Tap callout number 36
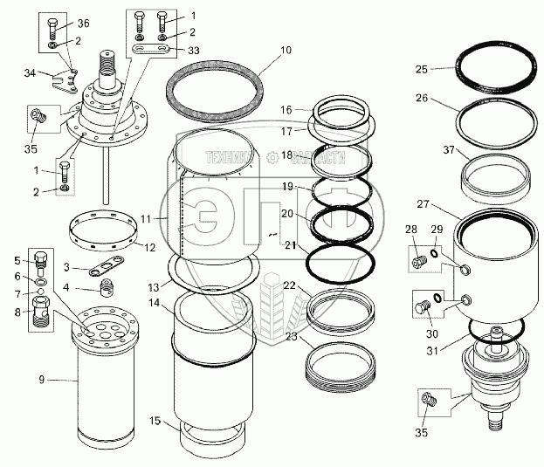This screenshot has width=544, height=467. pos(83,23)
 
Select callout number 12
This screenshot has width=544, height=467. pos(150,247)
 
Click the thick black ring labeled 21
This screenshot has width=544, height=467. pos(341,260)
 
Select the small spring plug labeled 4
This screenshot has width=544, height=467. pos(105,290)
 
